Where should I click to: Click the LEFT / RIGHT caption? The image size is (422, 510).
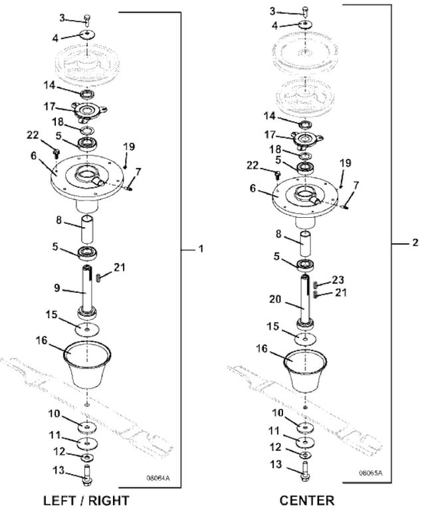pyautogui.click(x=86, y=499)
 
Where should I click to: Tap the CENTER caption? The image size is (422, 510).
pyautogui.click(x=308, y=499)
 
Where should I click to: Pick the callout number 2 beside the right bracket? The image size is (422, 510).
pyautogui.click(x=415, y=242)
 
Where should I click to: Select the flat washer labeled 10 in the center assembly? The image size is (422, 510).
pyautogui.click(x=304, y=426)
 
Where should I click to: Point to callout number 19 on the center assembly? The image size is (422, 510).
pyautogui.click(x=346, y=163)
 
